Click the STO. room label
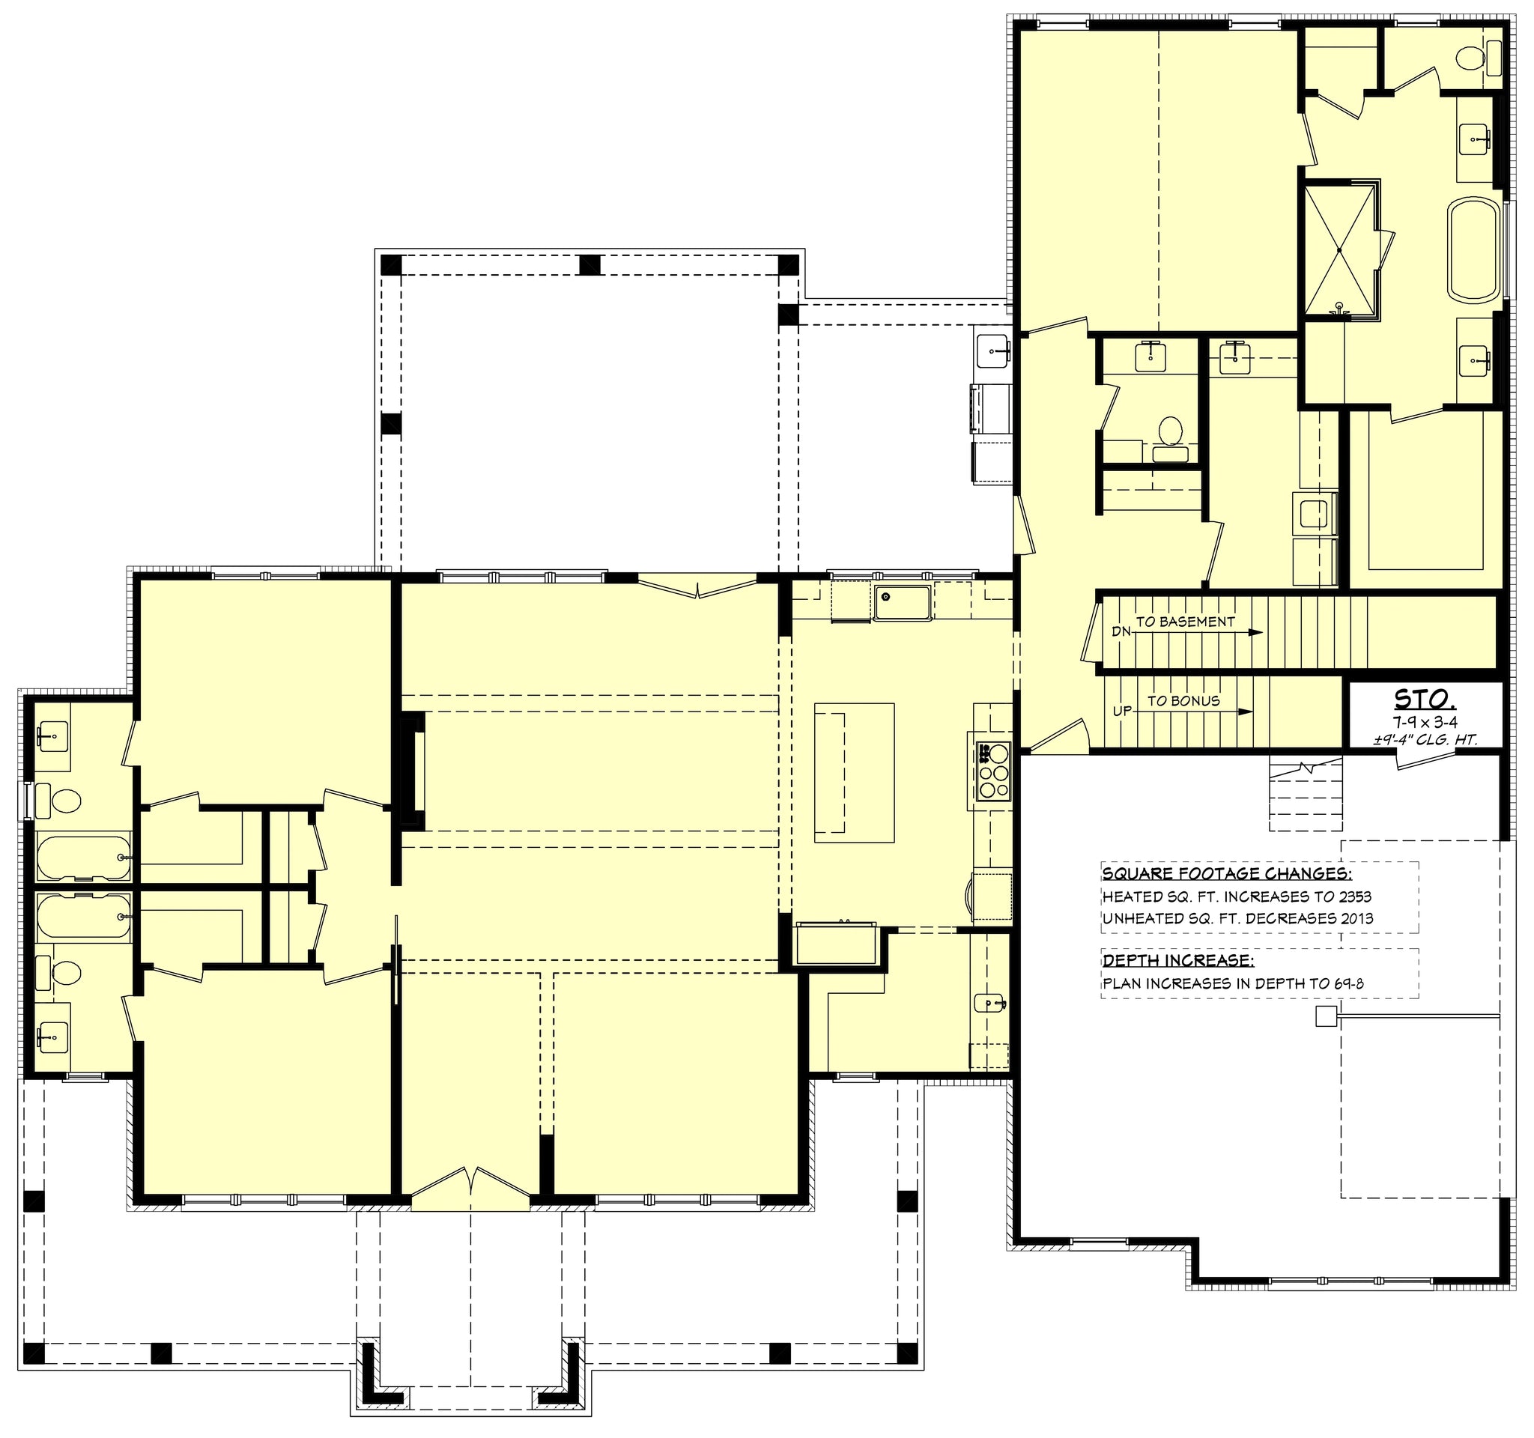[x=1425, y=700]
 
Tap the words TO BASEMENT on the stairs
[x=1185, y=622]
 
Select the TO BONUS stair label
[x=1183, y=700]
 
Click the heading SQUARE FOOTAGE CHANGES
[x=1227, y=874]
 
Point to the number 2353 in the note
[x=1350, y=897]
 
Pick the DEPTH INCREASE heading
[x=1177, y=960]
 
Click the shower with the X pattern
[x=1339, y=251]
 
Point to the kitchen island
[x=854, y=772]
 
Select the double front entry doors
[x=470, y=1191]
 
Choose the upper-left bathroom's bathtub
[x=83, y=857]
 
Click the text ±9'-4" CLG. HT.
[x=1425, y=740]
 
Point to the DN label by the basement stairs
[x=1121, y=632]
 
